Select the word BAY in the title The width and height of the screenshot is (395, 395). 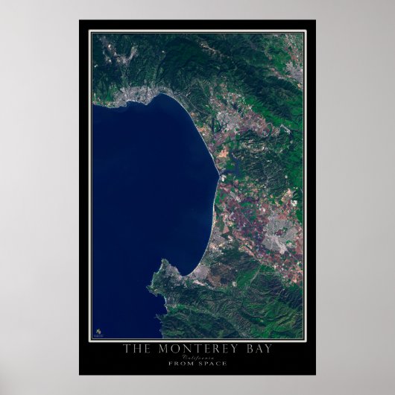(255, 347)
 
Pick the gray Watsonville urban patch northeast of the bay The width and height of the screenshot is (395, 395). (237, 122)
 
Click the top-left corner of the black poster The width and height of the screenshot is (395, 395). (80, 21)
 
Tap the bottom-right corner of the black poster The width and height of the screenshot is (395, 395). (315, 374)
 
